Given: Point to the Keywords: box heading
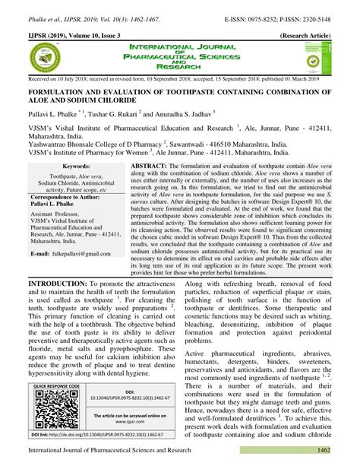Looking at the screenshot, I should tap(75, 165).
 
